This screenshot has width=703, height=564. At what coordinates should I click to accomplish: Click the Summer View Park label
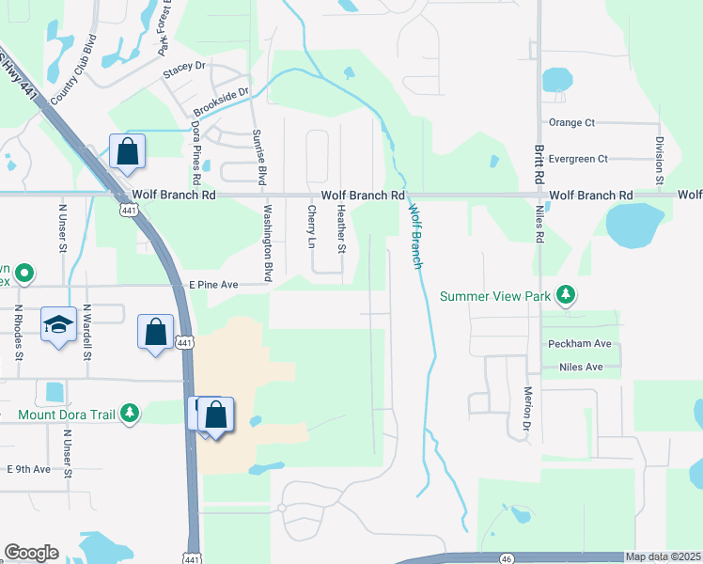(495, 296)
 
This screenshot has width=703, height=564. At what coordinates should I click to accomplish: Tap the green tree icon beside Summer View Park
(565, 296)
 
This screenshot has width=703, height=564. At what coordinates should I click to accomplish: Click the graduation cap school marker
(58, 324)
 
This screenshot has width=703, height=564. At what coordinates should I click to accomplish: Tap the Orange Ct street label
(571, 122)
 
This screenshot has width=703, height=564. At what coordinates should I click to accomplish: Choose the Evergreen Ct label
(577, 159)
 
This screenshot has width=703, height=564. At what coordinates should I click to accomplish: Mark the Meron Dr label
(528, 403)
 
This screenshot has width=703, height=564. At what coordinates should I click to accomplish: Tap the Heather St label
(342, 230)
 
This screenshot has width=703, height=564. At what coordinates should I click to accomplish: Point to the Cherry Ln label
(311, 227)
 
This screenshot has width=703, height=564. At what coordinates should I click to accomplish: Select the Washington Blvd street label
(268, 243)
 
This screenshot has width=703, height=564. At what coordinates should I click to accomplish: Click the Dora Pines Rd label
(196, 151)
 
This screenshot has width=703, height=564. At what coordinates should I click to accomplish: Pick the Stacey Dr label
(183, 67)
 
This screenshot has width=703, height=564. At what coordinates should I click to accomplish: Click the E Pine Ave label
(214, 283)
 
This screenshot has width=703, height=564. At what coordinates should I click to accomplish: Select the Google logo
(31, 553)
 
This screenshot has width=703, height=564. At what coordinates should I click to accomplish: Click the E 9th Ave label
(29, 468)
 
